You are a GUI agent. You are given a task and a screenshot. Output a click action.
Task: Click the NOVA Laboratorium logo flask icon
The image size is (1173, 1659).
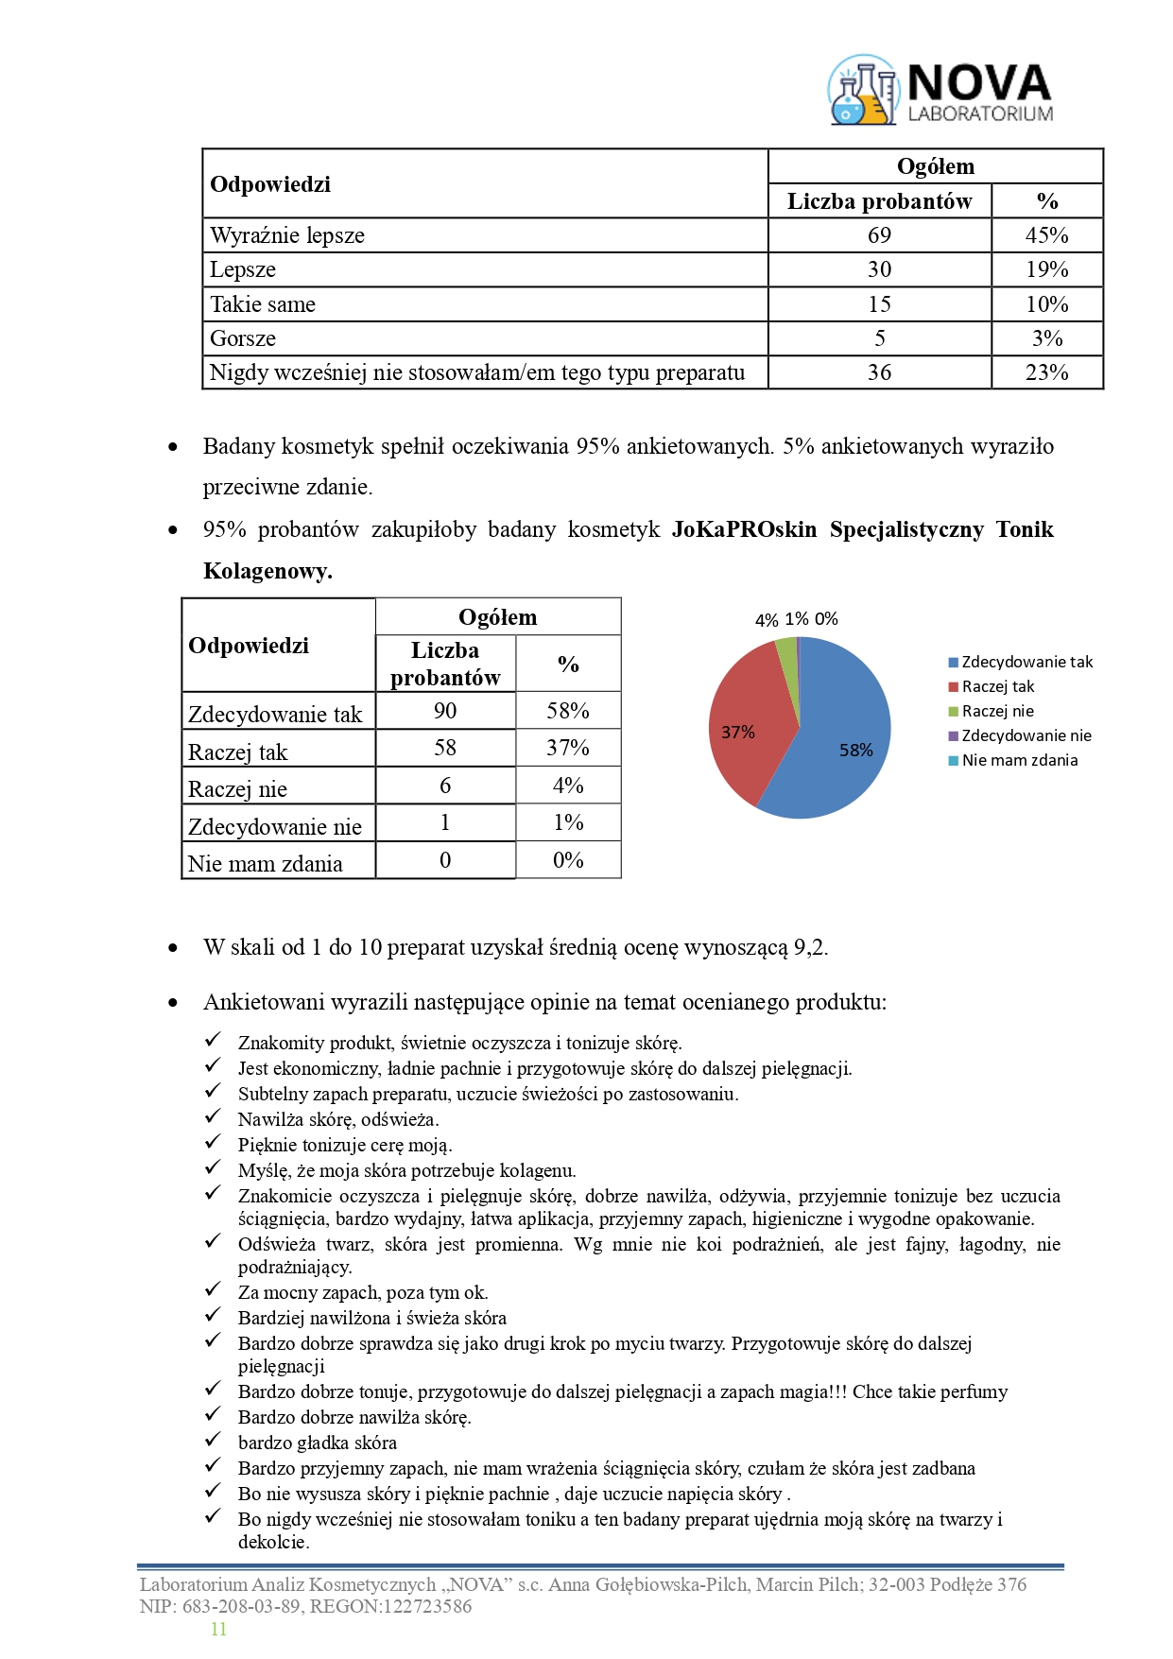click(862, 92)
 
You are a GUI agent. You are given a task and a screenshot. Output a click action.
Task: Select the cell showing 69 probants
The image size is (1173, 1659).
click(879, 235)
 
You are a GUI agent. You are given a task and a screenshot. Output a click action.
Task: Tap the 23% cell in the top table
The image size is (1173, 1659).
click(1046, 372)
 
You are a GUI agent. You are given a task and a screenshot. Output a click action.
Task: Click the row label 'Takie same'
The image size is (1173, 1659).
click(263, 304)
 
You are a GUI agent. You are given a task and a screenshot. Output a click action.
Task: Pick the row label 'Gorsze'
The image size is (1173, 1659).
click(243, 338)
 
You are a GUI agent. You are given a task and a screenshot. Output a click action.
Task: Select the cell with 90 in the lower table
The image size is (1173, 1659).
click(445, 711)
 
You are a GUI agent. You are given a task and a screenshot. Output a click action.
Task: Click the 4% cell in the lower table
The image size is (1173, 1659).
click(568, 786)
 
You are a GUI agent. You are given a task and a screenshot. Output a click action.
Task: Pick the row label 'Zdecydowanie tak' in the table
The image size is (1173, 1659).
click(275, 715)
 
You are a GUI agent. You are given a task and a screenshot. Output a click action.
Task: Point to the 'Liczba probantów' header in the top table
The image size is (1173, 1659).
click(879, 201)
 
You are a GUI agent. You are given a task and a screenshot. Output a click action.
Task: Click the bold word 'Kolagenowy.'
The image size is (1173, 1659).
click(267, 571)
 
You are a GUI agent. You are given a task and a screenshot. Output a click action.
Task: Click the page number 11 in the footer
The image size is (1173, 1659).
click(218, 1629)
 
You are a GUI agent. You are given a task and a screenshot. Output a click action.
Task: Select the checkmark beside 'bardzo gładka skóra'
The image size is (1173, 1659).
click(213, 1440)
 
